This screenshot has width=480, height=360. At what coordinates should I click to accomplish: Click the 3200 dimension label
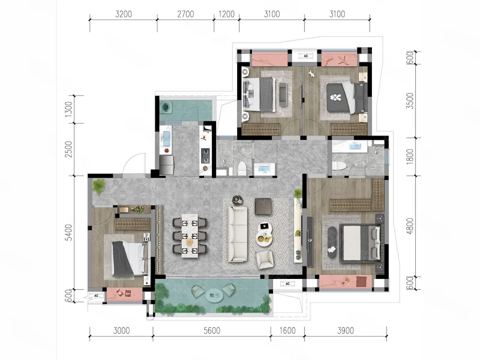pyautogui.click(x=124, y=14)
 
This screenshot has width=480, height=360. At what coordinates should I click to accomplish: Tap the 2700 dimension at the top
pyautogui.click(x=185, y=14)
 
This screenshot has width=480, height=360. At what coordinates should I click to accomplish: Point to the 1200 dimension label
pyautogui.click(x=227, y=14)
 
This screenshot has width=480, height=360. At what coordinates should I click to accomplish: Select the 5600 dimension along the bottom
pyautogui.click(x=212, y=331)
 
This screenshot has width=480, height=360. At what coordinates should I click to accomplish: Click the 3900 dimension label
pyautogui.click(x=346, y=331)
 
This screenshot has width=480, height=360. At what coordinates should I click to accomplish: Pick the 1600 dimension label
pyautogui.click(x=287, y=331)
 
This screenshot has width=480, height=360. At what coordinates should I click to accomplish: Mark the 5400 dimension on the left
pyautogui.click(x=69, y=232)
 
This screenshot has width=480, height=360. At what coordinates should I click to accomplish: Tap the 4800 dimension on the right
pyautogui.click(x=410, y=226)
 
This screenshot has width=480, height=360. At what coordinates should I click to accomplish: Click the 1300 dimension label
pyautogui.click(x=69, y=109)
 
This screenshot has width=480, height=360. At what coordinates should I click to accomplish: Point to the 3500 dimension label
pyautogui.click(x=410, y=101)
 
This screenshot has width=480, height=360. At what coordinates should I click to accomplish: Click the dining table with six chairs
pyautogui.click(x=190, y=235)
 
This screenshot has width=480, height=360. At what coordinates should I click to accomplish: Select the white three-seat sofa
pyautogui.click(x=237, y=234)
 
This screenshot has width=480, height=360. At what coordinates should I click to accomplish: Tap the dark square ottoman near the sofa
pyautogui.click(x=263, y=206)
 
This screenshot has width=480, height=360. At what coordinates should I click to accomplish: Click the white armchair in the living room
pyautogui.click(x=265, y=260)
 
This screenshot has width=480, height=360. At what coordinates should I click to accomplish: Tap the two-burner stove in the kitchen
pyautogui.click(x=205, y=156)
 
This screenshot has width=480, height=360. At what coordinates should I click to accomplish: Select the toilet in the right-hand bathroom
pyautogui.click(x=339, y=166)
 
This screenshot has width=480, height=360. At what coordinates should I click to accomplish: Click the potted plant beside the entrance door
pyautogui.click(x=98, y=186)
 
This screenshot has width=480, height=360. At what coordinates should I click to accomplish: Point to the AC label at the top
pyautogui.click(x=306, y=56)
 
